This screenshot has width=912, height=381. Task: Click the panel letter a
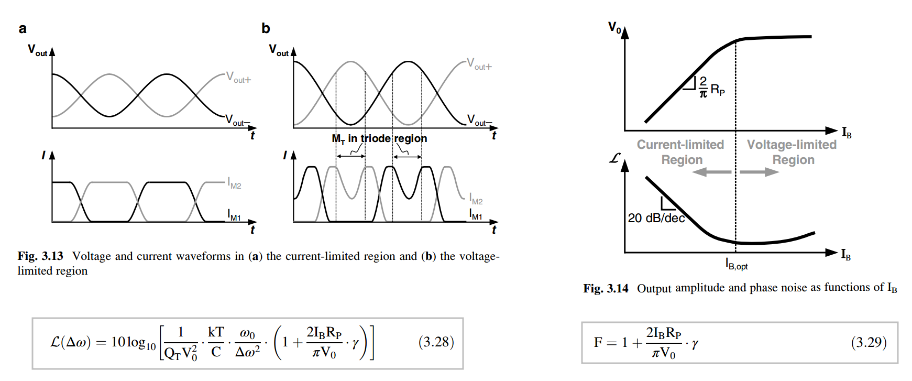(23, 29)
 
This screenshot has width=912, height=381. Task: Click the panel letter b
(266, 28)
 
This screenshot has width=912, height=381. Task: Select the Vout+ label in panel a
(238, 78)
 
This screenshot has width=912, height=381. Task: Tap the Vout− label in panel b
(479, 121)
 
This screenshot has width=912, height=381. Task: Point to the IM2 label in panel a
(234, 183)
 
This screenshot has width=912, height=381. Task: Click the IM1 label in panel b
(476, 215)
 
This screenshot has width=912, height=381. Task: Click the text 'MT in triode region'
(379, 139)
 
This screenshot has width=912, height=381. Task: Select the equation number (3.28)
(436, 342)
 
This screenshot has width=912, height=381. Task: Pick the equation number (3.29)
(869, 343)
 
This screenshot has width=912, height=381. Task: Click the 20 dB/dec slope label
(656, 218)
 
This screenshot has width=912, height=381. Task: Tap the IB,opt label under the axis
(737, 264)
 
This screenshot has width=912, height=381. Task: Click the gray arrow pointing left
(712, 172)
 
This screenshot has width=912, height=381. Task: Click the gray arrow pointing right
(760, 172)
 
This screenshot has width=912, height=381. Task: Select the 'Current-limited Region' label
(680, 152)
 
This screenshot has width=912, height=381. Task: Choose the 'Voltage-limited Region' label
(792, 152)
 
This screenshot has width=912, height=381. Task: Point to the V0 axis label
(614, 27)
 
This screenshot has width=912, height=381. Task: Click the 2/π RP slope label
(712, 87)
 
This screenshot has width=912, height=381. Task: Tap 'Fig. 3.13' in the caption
(40, 256)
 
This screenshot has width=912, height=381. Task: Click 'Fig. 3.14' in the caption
(606, 288)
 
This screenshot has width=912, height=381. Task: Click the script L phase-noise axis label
(615, 158)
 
